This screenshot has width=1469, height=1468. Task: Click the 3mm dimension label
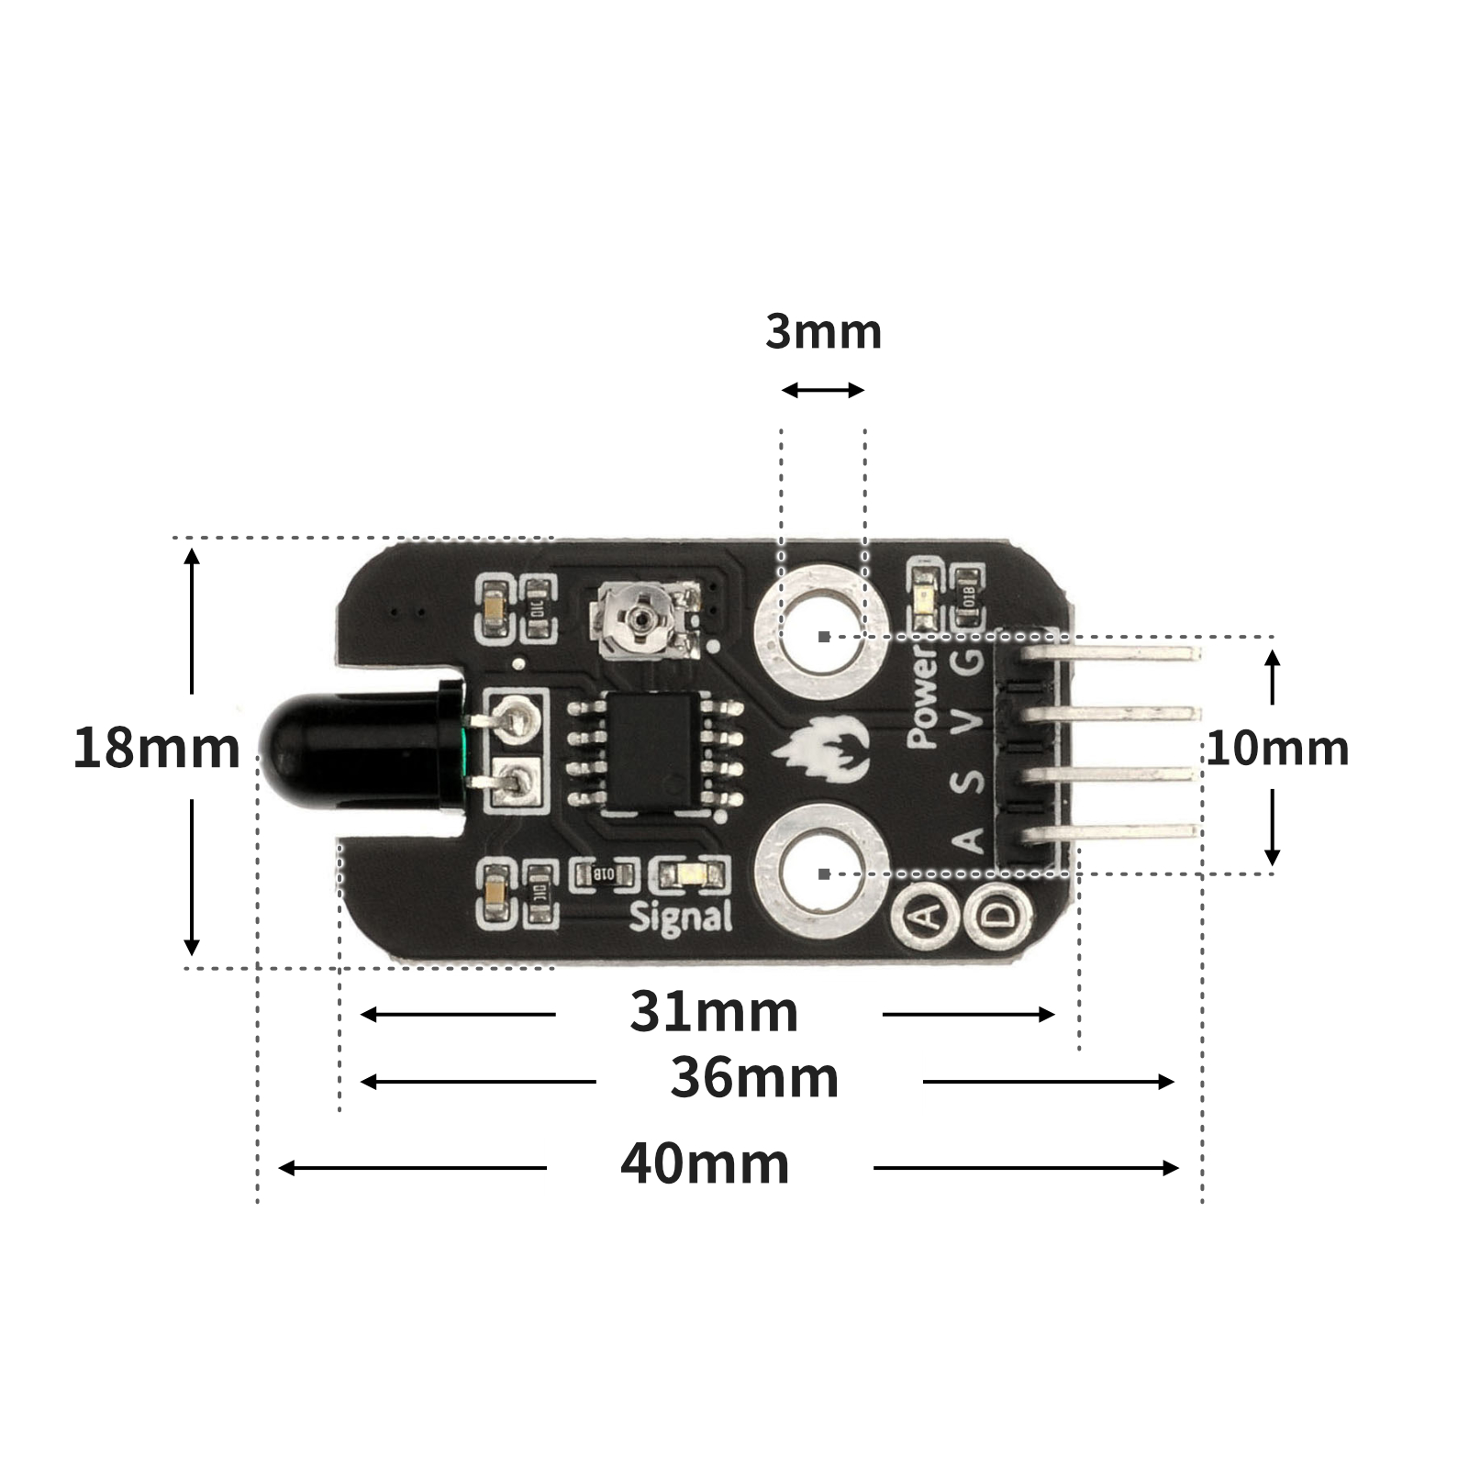point(823,332)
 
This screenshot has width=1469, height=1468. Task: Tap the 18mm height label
point(156,748)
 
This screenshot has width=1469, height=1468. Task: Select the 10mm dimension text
point(1276,749)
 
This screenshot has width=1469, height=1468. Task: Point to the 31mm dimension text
point(714,1012)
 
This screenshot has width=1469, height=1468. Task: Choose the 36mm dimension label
point(754,1078)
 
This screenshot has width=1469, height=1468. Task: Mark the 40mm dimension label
point(705,1164)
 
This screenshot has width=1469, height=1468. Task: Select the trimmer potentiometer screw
point(641,621)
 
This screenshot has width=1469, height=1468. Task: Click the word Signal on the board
point(681,917)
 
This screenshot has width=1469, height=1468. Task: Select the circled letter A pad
point(928,915)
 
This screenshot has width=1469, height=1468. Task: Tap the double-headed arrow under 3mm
point(823,391)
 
